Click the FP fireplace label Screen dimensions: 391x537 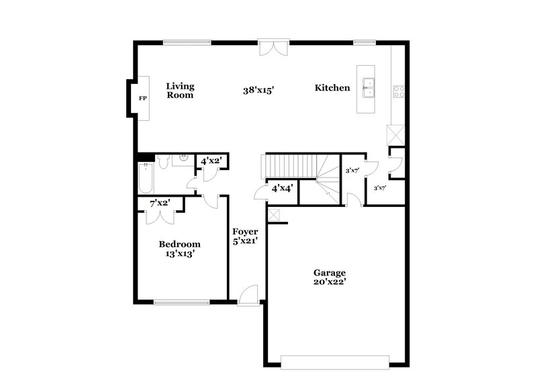[142, 99]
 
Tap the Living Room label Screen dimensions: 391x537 [180, 91]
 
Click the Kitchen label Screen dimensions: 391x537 [332, 88]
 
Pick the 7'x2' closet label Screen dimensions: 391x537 [160, 203]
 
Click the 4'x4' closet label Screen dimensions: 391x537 [282, 189]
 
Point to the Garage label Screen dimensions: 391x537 [330, 273]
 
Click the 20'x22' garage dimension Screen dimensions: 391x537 [330, 283]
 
